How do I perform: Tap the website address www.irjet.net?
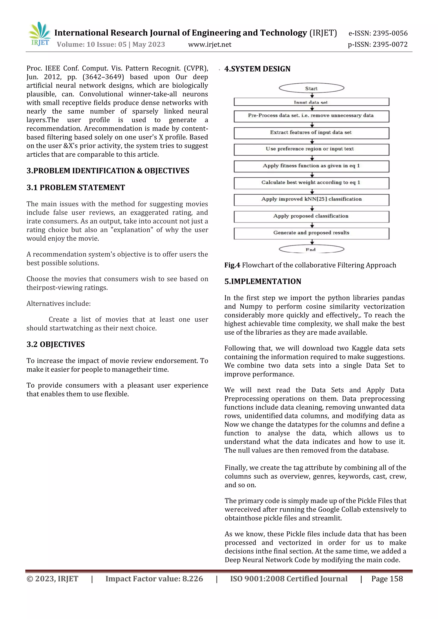click(x=210, y=44)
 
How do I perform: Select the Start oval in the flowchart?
click(x=311, y=88)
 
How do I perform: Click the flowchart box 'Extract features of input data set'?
click(x=311, y=133)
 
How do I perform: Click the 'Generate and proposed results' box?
click(x=311, y=233)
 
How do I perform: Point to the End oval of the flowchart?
click(x=311, y=249)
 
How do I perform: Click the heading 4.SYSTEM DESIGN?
click(x=257, y=69)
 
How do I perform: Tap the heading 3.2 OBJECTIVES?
click(x=56, y=345)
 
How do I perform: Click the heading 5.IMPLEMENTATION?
click(x=263, y=281)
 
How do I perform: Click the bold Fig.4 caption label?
click(x=232, y=265)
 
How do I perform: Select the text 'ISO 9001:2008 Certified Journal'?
click(x=289, y=579)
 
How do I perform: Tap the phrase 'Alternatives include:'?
click(x=59, y=304)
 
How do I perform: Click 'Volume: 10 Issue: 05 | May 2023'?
click(x=111, y=44)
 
